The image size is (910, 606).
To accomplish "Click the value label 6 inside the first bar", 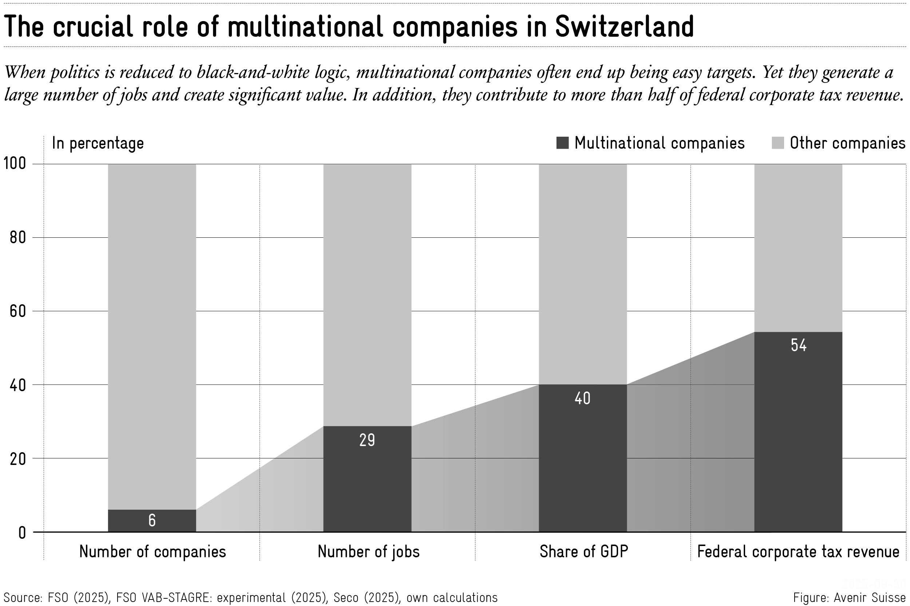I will [x=152, y=521].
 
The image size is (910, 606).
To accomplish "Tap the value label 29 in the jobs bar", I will [x=367, y=440].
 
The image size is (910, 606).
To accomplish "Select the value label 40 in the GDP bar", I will [x=582, y=398].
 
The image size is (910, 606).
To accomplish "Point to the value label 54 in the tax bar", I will [x=798, y=345].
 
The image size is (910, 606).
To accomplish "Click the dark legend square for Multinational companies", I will [x=562, y=143].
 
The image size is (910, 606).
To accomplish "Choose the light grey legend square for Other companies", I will [x=777, y=143].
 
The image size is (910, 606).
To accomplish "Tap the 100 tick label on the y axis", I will [x=15, y=164].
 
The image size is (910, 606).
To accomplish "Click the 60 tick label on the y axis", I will [x=17, y=311].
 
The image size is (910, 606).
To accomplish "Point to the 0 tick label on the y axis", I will [x=22, y=533].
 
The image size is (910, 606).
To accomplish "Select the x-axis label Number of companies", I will [x=153, y=551].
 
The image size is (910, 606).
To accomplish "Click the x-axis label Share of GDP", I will [x=583, y=551].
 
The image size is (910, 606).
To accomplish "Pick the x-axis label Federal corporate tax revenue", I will [x=798, y=551].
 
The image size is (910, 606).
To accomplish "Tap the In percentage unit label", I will [x=98, y=143].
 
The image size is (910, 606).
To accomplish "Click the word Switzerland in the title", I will [x=624, y=27].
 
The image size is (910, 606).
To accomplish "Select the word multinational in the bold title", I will [x=305, y=27].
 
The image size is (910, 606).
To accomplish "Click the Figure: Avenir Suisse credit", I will [x=849, y=597].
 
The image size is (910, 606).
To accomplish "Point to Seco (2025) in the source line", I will [x=367, y=597].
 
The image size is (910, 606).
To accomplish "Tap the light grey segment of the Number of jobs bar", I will [x=367, y=294].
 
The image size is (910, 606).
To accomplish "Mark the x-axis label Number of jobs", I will [x=368, y=551].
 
